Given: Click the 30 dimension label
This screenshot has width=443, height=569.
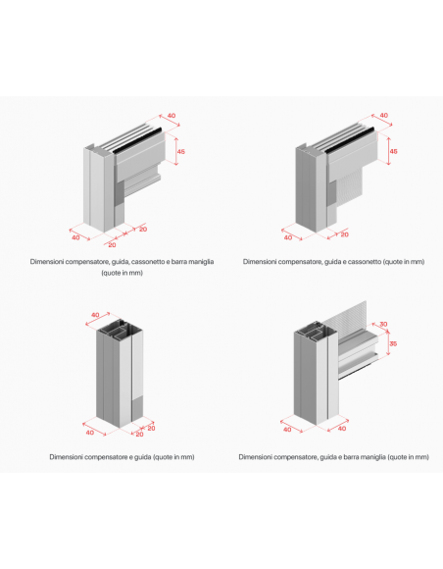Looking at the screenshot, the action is tap(383, 324).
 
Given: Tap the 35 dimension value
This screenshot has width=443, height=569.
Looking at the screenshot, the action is tap(393, 343).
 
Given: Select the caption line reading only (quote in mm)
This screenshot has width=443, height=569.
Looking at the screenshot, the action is tap(122, 273).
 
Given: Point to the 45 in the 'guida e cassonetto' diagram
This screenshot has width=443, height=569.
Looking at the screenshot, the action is tap(393, 151).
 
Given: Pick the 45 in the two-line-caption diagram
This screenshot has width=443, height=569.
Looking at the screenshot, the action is tap(180, 151).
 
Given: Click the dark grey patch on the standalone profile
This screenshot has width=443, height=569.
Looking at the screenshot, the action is tap(137, 407).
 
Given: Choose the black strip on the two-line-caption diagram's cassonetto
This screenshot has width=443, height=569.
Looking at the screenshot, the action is tap(137, 139).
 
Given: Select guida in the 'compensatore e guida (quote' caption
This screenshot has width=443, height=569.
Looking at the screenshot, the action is tap(142, 457).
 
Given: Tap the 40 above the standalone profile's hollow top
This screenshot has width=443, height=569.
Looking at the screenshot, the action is tap(95, 315).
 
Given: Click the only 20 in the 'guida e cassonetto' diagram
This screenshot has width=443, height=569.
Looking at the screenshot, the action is tap(344, 234).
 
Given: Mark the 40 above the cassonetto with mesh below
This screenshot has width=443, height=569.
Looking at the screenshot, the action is tap(383, 116).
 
